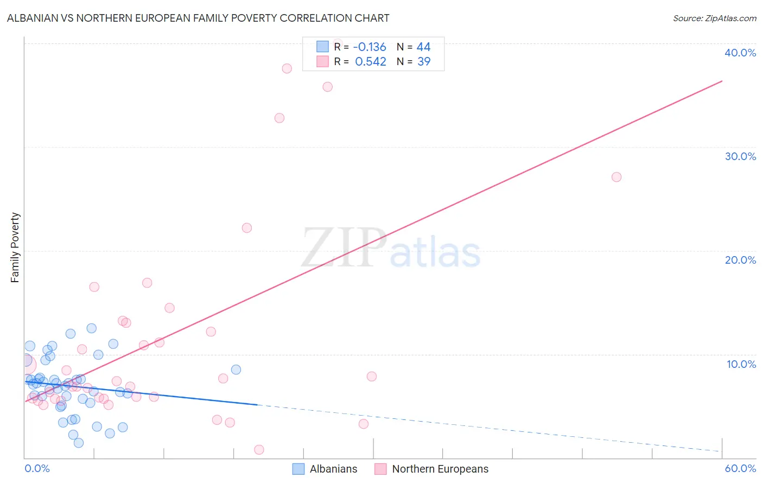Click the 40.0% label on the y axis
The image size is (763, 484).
(740, 53)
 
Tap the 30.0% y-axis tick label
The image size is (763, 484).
(740, 156)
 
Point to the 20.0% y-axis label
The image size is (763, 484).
(740, 260)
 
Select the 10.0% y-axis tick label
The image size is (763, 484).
(741, 364)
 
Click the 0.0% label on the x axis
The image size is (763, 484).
(37, 468)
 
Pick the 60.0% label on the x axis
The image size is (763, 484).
(740, 468)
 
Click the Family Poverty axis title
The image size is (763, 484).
(15, 247)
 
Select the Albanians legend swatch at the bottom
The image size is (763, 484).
(298, 469)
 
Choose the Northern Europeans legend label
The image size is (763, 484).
(440, 469)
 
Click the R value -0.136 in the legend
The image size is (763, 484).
(370, 47)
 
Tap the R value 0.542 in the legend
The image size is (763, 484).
(371, 61)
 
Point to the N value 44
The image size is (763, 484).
(423, 47)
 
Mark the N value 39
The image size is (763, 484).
(424, 61)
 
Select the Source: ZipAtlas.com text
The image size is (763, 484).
(714, 18)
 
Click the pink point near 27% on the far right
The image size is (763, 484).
(616, 177)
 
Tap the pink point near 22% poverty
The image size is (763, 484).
(247, 228)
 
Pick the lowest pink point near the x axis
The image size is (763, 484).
(259, 450)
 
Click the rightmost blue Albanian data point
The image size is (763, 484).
(236, 370)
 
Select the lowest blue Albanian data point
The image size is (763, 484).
(79, 443)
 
